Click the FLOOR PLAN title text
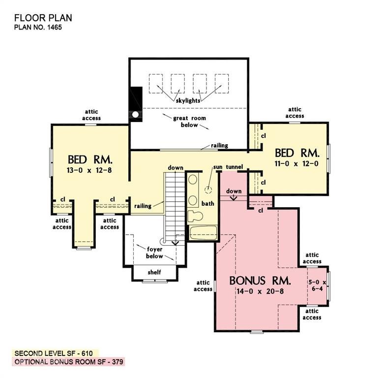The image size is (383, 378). point(43,18)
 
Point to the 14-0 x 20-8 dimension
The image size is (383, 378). point(260,291)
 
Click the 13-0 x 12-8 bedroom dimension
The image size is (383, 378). point(90,171)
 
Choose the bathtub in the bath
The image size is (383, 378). point(203,232)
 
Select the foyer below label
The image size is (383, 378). point(155,252)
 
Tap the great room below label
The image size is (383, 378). point(189,122)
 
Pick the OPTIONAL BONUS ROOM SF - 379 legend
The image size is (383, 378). point(68,362)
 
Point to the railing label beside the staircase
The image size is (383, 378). point(143,206)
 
